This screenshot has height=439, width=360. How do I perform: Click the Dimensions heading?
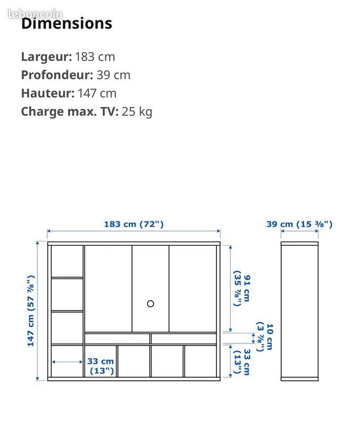[66, 23]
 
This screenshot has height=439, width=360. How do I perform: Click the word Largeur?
[47, 57]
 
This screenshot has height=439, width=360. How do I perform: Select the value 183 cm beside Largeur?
[95, 57]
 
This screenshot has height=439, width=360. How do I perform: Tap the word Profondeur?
[57, 75]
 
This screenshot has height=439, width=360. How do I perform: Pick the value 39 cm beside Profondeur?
[114, 75]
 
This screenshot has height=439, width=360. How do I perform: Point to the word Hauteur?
[48, 93]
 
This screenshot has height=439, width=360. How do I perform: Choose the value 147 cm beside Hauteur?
[97, 93]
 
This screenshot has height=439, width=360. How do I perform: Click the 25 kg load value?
[137, 111]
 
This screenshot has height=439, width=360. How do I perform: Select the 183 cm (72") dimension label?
[134, 224]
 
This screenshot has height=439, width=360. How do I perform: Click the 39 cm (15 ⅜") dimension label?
[299, 224]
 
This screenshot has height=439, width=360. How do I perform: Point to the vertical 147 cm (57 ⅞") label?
[31, 311]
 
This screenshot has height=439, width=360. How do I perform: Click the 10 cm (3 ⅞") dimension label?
[265, 337]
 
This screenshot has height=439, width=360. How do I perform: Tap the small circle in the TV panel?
[150, 304]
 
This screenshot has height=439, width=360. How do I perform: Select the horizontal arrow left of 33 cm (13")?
[67, 362]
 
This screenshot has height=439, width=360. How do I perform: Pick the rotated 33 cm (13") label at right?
[242, 362]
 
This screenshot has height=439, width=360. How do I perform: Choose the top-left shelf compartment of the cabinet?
[67, 261]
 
